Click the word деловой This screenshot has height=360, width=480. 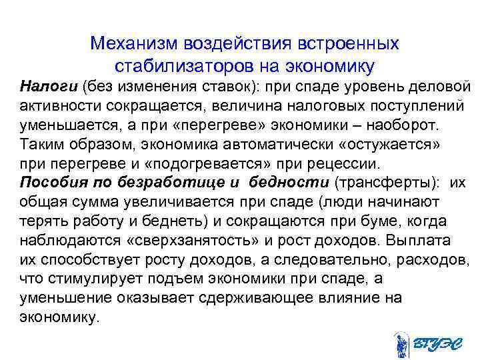point(443,86)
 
